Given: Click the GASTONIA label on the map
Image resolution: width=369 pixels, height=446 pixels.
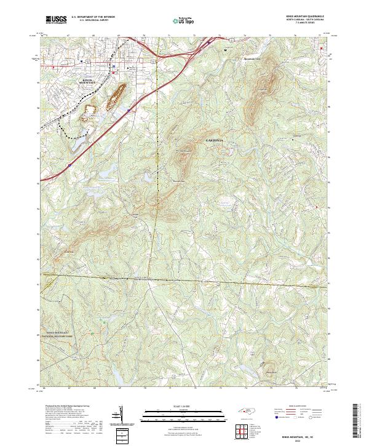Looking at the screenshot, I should (216, 141).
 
